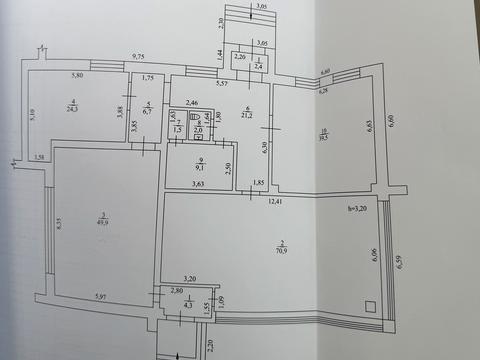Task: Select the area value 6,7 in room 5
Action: (147, 112)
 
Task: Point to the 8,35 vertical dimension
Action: (59, 228)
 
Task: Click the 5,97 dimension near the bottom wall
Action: (100, 296)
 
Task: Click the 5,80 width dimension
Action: (76, 77)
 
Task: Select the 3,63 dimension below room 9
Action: (198, 183)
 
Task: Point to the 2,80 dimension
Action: (177, 291)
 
